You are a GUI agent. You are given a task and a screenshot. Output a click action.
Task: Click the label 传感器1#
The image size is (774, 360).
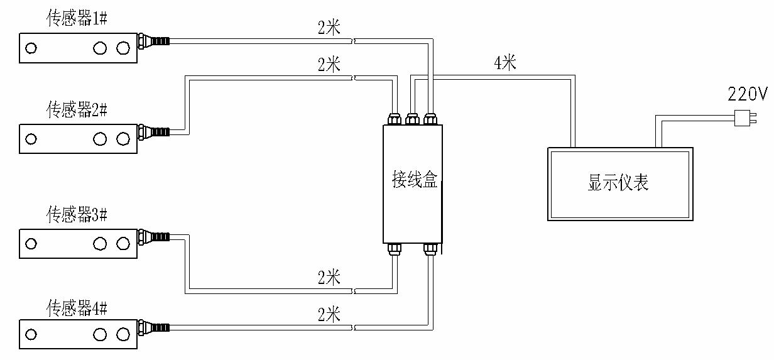click(77, 19)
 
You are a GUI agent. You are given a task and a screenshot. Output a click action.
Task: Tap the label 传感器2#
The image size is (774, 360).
click(77, 110)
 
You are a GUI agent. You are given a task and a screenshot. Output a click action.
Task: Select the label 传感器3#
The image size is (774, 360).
click(77, 215)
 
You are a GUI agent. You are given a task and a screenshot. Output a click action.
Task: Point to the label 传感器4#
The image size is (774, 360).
click(77, 308)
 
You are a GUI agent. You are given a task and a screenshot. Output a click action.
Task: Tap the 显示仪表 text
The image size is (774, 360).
click(618, 183)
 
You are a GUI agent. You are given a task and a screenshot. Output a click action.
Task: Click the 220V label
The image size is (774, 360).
click(748, 95)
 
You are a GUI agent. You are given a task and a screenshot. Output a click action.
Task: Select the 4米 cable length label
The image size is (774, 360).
click(505, 63)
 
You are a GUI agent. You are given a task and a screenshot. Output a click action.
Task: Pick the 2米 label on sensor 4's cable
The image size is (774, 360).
click(329, 314)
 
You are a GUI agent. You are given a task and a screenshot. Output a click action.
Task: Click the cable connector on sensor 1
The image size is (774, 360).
click(153, 41)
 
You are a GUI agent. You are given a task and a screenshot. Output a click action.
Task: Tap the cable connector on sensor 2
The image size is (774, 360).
click(153, 132)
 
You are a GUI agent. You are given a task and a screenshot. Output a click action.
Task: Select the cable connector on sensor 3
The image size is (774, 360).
click(153, 237)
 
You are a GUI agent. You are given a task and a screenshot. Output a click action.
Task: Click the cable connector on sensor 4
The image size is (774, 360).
click(153, 327)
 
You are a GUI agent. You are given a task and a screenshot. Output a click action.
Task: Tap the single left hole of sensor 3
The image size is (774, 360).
click(30, 243)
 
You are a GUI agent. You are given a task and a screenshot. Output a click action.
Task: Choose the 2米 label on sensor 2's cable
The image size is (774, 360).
click(329, 64)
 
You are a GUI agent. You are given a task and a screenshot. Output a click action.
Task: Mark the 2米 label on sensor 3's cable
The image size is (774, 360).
click(329, 277)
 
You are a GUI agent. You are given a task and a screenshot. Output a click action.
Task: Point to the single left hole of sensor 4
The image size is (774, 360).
click(30, 334)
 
